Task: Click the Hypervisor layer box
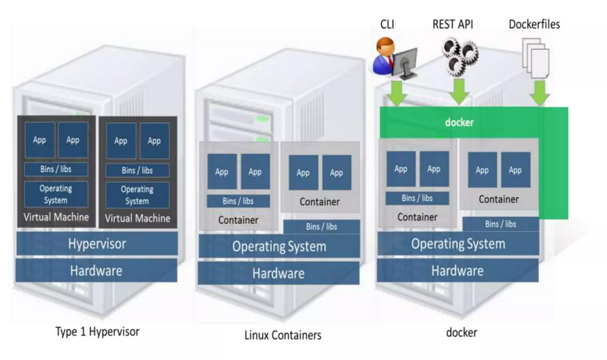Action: point(95,244)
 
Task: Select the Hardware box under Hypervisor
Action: point(95,270)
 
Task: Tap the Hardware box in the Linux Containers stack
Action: point(278,273)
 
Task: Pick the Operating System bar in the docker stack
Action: point(457,244)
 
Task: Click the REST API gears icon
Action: point(459,56)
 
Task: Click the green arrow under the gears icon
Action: point(459,91)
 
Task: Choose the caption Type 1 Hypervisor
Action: point(97,330)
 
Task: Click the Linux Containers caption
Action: point(283,335)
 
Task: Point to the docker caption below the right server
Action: point(461,333)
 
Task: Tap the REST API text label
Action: point(453,24)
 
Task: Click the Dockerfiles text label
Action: point(534,24)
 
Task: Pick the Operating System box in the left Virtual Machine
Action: point(56,195)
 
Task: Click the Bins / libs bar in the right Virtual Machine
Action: point(137,170)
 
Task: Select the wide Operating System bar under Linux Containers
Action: point(278,247)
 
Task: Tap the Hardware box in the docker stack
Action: point(457,270)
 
